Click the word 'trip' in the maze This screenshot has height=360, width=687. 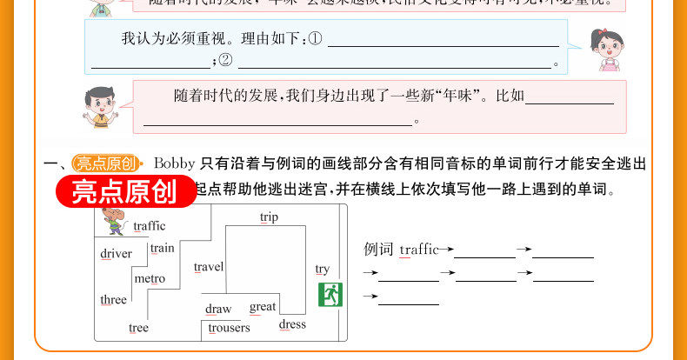[x=269, y=217]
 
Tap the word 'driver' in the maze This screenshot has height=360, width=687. [x=116, y=254]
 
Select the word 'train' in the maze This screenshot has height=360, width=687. [x=162, y=248]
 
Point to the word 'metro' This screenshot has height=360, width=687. [x=150, y=278]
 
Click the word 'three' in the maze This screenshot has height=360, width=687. [x=113, y=300]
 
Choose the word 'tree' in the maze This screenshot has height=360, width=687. [x=138, y=328]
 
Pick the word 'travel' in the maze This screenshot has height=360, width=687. [x=209, y=267]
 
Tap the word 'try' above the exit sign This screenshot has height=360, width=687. [x=323, y=270]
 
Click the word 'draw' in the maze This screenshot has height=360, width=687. [x=218, y=309]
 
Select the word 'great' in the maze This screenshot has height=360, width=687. [x=263, y=306]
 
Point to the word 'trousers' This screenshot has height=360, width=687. [x=230, y=328]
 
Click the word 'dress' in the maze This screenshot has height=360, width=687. [x=292, y=324]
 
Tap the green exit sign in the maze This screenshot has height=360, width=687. [x=330, y=294]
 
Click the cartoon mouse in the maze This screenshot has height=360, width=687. [x=114, y=222]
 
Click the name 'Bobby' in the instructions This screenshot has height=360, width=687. [x=174, y=163]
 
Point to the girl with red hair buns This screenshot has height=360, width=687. [x=602, y=50]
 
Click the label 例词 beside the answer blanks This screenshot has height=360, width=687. [x=378, y=250]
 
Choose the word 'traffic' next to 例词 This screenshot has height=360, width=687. [x=418, y=250]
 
